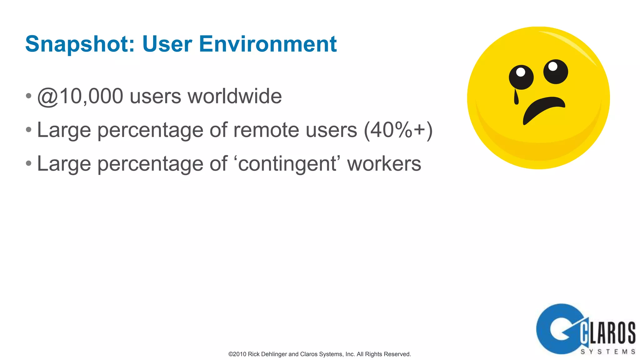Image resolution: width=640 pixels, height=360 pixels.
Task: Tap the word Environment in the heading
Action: pos(268,44)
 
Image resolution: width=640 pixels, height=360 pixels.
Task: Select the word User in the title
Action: pos(167,44)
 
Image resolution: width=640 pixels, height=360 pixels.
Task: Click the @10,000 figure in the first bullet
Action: pos(80,96)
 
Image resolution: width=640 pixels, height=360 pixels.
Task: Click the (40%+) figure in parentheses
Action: pos(398,130)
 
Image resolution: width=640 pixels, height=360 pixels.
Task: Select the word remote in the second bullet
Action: pos(267,130)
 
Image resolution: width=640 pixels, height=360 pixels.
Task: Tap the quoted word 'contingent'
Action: pos(287,163)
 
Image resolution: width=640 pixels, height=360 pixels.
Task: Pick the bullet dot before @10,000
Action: pos(29,96)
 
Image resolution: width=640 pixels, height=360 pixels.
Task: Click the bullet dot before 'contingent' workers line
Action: pos(29,163)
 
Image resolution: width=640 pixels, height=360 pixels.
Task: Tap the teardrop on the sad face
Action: pos(516,97)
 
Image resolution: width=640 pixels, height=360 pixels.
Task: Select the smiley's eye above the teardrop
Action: pos(521,77)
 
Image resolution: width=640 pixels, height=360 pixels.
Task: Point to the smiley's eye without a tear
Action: pos(555,71)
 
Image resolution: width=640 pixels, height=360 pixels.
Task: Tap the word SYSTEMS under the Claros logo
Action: pos(607,352)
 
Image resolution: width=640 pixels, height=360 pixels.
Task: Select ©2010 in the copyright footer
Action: pos(237,354)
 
